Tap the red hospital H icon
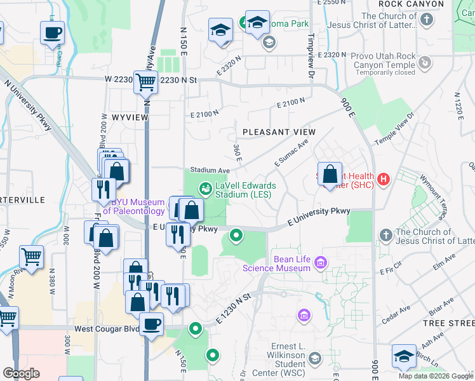coord(383,180)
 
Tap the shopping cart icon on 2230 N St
coord(145,81)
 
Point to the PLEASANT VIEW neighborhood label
coord(279,132)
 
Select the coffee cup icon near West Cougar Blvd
coord(151,324)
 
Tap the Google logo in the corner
coord(21,373)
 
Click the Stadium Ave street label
coord(210,171)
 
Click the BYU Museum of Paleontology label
coord(133,207)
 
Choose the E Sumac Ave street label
coord(291,154)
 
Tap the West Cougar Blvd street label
coord(106,329)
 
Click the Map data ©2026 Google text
coord(435,376)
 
